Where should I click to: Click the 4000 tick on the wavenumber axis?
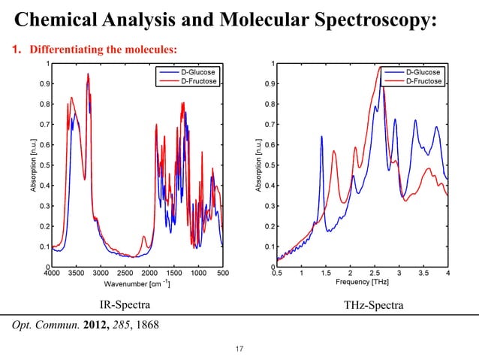(51, 274)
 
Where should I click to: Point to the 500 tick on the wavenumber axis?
(222, 274)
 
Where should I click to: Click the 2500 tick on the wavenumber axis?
(125, 274)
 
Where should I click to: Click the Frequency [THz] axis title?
(363, 283)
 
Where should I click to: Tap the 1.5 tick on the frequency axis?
(326, 274)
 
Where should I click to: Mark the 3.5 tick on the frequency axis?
(423, 274)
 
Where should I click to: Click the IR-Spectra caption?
(125, 306)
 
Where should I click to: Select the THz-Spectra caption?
(372, 306)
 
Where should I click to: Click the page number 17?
(239, 348)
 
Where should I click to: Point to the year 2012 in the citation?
(104, 325)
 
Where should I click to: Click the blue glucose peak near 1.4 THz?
(321, 138)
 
